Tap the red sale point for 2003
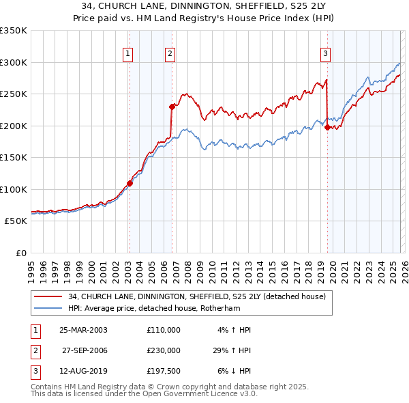pos(130,183)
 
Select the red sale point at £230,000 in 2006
pos(172,107)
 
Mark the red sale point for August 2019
pos(328,127)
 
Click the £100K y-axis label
pos(14,189)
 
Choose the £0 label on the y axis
pos(20,253)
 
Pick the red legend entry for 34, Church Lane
pos(197,296)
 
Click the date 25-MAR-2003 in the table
pos(83,329)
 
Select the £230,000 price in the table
pos(164,350)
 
